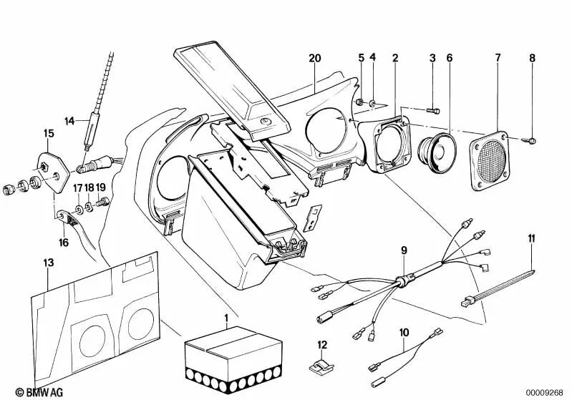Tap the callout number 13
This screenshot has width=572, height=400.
tap(49, 263)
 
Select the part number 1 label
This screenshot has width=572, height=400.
tap(226, 318)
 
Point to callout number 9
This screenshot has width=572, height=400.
tap(404, 250)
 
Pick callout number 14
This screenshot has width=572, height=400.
tap(69, 121)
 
